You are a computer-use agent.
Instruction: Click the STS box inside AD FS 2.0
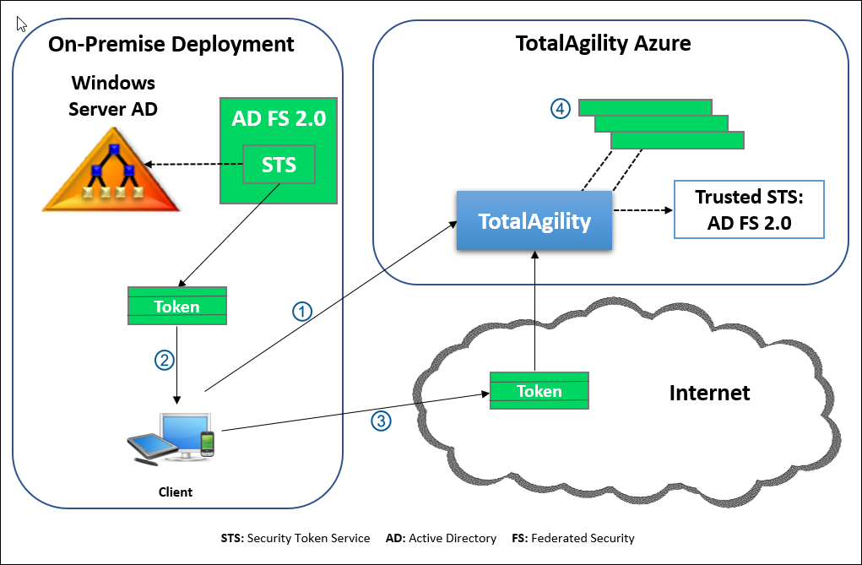[279, 164]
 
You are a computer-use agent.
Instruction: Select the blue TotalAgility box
[534, 221]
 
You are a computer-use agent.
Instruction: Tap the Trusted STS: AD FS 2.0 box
[748, 209]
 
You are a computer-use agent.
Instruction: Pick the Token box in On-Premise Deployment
[177, 306]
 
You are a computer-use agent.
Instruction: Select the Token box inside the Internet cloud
[539, 391]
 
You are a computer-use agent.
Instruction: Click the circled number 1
[302, 311]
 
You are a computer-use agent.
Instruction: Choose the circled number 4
[561, 108]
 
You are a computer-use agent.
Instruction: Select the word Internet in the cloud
[709, 393]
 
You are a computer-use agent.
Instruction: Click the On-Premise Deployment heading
[171, 44]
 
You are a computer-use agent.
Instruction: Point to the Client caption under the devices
[176, 492]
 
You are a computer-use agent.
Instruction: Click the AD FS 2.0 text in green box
[278, 118]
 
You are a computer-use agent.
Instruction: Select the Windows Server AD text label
[113, 95]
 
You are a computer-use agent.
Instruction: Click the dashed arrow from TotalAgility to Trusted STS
[642, 209]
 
